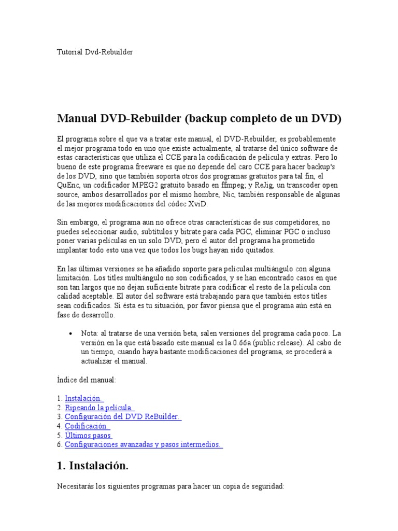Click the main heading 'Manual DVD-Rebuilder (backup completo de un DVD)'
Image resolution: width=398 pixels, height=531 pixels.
[199, 119]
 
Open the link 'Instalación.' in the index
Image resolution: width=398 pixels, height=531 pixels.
[84, 398]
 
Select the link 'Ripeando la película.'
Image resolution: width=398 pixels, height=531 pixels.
[99, 408]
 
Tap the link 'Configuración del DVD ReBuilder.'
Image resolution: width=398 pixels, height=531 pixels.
[123, 417]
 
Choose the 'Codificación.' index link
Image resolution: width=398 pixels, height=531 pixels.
[87, 426]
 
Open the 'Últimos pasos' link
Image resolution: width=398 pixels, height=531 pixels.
[89, 436]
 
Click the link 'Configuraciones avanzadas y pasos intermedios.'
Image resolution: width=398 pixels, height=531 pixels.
[144, 445]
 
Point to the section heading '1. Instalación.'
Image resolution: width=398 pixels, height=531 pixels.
[92, 466]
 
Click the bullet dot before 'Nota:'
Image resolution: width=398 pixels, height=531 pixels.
[70, 333]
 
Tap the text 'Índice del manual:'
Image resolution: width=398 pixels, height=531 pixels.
[87, 380]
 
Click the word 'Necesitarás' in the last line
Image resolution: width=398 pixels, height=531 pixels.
[76, 488]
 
